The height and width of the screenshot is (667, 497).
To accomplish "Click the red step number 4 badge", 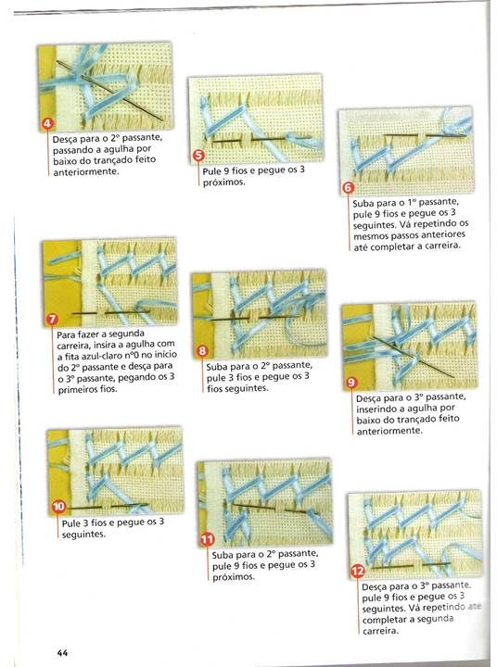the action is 47,124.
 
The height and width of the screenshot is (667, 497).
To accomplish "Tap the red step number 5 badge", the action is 198,156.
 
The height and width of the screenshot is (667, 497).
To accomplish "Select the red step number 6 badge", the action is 349,187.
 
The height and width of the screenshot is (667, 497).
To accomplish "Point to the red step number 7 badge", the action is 52,320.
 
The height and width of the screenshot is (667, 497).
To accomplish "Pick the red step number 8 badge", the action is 202,351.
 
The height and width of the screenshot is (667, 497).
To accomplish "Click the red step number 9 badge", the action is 350,383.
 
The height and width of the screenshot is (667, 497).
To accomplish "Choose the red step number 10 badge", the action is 58,507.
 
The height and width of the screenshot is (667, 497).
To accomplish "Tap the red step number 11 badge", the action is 207,540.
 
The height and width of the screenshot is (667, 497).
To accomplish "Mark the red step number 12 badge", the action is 357,572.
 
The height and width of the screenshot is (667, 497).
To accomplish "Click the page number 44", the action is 62,653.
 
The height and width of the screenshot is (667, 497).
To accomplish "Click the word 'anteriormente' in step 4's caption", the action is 85,172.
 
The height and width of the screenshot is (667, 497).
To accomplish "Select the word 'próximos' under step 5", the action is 223,182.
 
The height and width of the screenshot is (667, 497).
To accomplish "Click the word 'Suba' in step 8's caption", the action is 216,367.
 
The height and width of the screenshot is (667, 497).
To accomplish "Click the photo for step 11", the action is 264,502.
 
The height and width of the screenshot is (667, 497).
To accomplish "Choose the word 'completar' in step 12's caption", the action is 384,620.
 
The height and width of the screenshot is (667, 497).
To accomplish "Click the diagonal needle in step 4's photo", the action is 109,91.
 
